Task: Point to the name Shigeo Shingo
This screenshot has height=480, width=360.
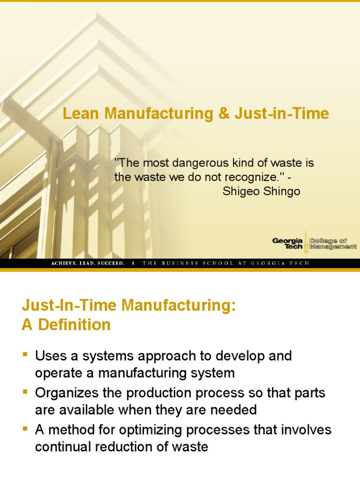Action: [261, 192]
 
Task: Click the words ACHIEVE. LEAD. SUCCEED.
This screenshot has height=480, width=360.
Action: [88, 263]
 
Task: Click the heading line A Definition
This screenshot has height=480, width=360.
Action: [66, 325]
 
